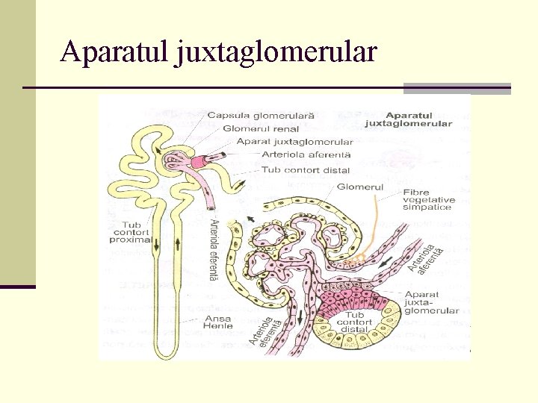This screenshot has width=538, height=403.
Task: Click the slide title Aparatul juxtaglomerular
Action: [x=219, y=52]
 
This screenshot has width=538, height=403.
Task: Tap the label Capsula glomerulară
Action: [x=261, y=116]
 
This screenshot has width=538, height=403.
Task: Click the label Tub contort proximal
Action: [x=131, y=232]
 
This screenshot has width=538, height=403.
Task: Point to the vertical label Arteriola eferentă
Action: [x=214, y=250]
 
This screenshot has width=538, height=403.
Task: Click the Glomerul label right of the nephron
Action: [x=360, y=187]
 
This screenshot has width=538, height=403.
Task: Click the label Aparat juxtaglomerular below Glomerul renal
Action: [x=294, y=142]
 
